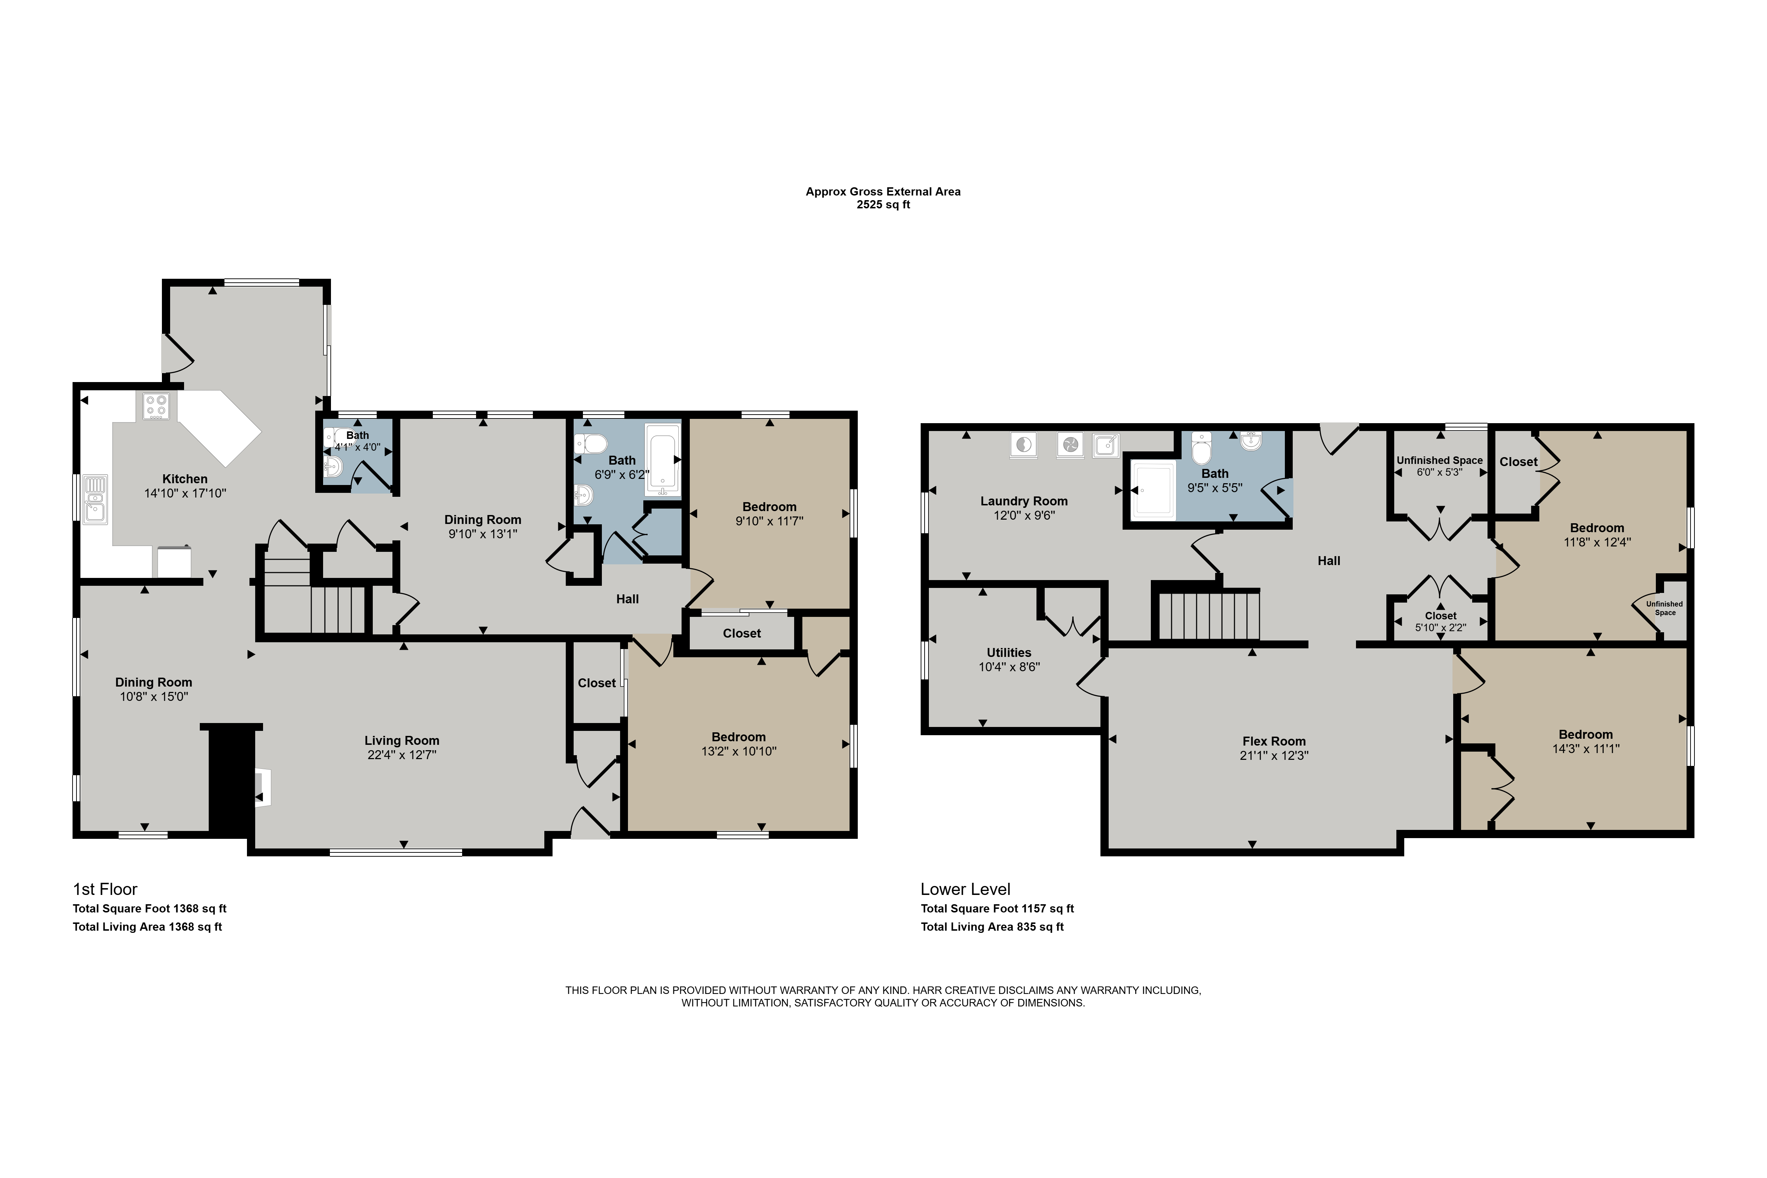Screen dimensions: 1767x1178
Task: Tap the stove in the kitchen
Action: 156,406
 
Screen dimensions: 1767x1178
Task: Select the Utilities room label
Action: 1009,653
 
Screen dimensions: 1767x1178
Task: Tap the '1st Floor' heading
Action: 105,890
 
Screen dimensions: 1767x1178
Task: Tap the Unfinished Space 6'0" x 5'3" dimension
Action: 1440,472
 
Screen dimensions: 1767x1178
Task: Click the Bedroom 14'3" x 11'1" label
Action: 1586,742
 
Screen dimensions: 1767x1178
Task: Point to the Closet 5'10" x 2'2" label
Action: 1441,621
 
